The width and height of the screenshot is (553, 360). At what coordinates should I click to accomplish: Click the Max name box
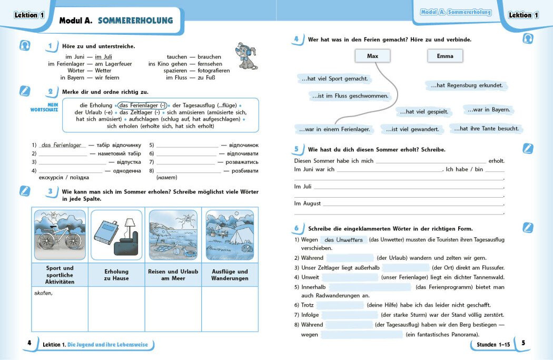(372, 56)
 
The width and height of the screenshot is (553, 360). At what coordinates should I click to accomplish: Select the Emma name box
(445, 56)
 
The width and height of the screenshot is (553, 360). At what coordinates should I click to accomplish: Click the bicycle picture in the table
(60, 235)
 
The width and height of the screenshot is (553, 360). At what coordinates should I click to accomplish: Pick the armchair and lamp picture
(116, 235)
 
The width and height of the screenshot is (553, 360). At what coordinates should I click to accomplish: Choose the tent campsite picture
(230, 235)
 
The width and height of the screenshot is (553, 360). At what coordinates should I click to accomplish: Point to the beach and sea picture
(173, 235)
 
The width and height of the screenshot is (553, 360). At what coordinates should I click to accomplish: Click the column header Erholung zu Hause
(116, 275)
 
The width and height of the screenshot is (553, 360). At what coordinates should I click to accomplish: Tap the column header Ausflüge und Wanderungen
(230, 275)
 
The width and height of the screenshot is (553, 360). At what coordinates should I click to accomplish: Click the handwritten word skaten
(43, 293)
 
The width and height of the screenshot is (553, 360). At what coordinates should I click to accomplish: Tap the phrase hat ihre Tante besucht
(486, 128)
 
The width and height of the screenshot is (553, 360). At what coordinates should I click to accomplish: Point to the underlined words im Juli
(103, 57)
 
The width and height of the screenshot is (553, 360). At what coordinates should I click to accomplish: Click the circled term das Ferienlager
(142, 105)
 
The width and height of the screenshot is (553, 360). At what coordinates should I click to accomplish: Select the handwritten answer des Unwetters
(343, 240)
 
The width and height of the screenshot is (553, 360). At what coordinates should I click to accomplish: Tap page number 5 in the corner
(523, 343)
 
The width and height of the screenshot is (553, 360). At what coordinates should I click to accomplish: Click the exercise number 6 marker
(297, 228)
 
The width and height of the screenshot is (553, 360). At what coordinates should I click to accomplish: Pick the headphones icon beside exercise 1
(24, 46)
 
